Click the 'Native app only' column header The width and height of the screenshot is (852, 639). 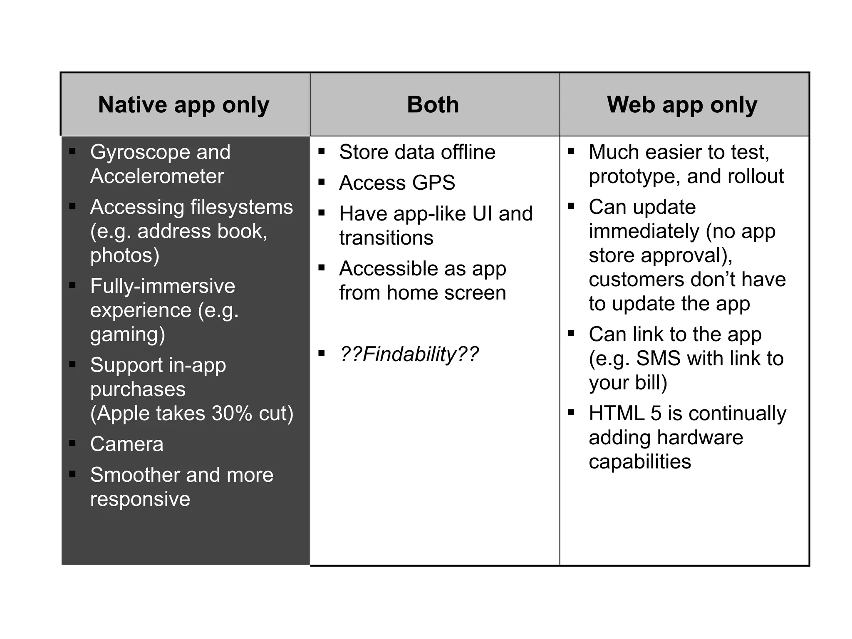pos(183,105)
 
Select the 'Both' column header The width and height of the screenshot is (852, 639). pos(433,105)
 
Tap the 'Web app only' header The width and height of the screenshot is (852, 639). pos(682,105)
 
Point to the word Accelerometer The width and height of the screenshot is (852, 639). pos(157,176)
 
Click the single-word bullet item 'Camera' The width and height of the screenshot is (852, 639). pos(127,444)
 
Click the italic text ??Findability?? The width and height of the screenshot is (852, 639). pos(409,354)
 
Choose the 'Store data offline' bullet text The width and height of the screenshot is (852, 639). pos(417,152)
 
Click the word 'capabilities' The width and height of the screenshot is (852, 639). pos(639,462)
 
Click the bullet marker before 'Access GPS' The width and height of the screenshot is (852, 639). pos(321,182)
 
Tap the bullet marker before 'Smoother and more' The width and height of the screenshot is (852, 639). pos(72,474)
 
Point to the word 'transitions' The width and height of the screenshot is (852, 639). pos(386,238)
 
